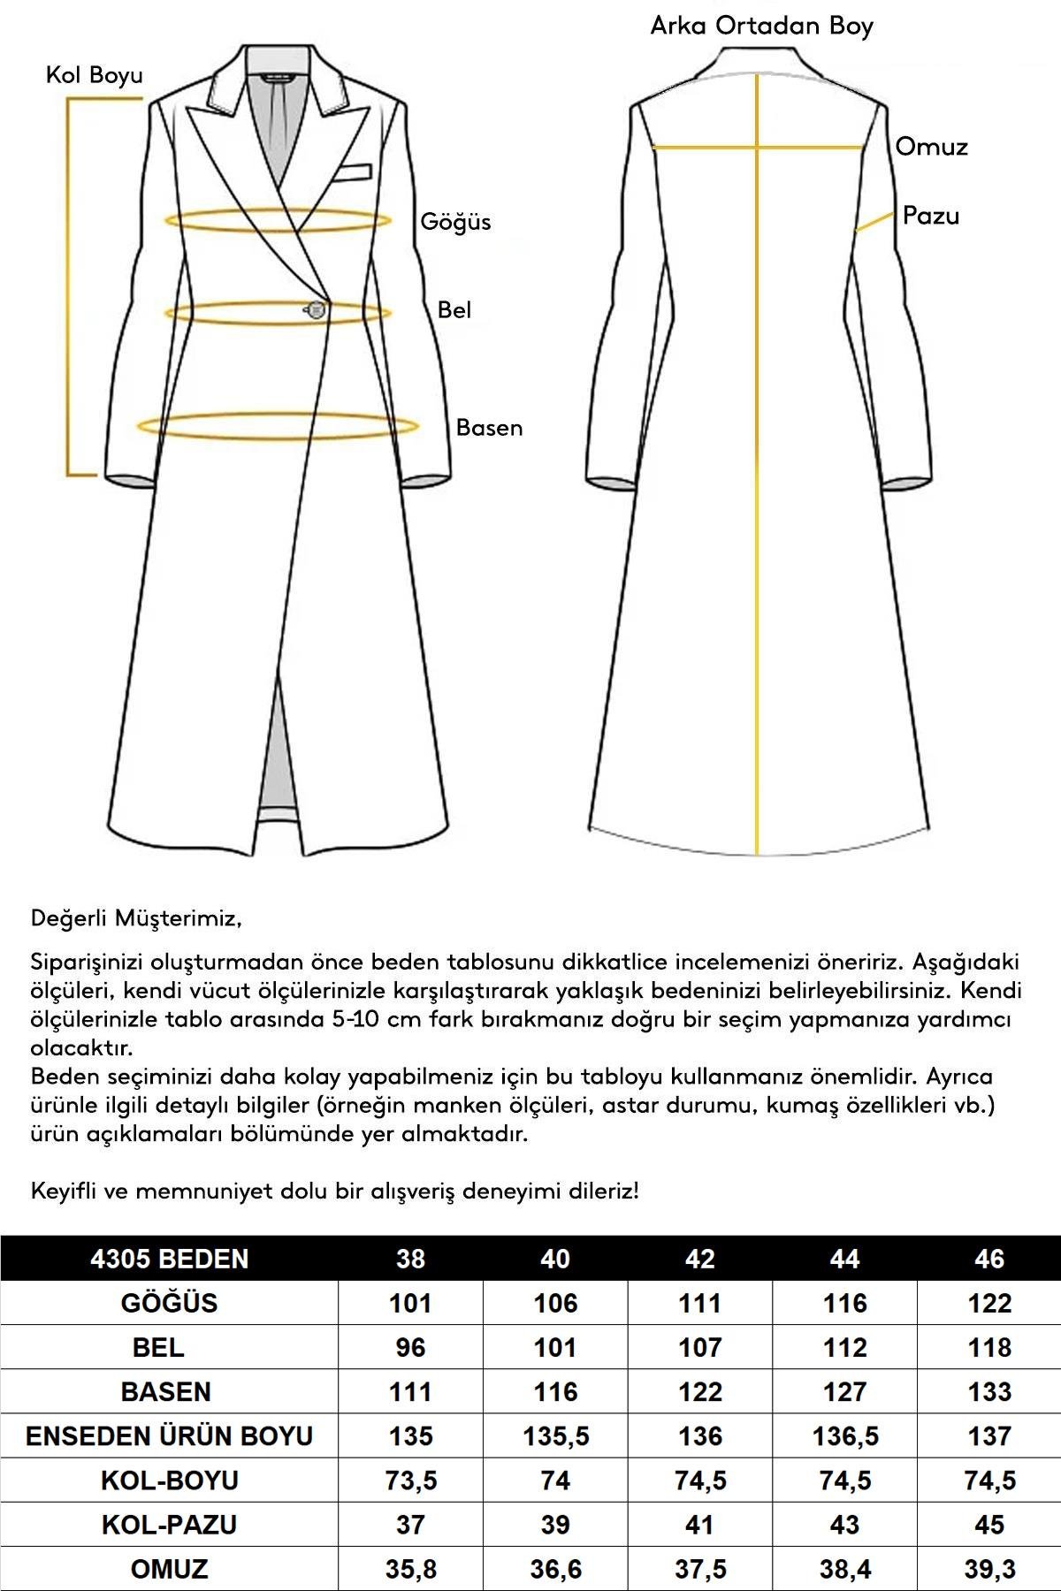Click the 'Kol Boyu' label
coord(95,75)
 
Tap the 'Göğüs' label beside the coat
coord(455,222)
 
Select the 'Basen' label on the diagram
coord(489,428)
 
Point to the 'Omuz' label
coord(931,147)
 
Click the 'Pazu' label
coord(930,216)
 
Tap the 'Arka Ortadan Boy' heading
coord(761,27)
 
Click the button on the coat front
coord(316,309)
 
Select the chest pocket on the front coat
coord(352,171)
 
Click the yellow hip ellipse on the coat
coord(278,428)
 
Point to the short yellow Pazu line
coord(874,221)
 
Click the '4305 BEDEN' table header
coord(169,1259)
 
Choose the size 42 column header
coord(699,1259)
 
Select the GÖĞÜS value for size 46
coord(988,1303)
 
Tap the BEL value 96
coord(410,1347)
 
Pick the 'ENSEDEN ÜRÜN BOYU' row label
coord(169,1435)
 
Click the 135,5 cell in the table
coord(555,1435)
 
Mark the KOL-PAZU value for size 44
coord(844,1524)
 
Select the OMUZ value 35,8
coord(410,1569)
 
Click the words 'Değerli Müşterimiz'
coord(135,918)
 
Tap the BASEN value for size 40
coord(555,1391)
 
